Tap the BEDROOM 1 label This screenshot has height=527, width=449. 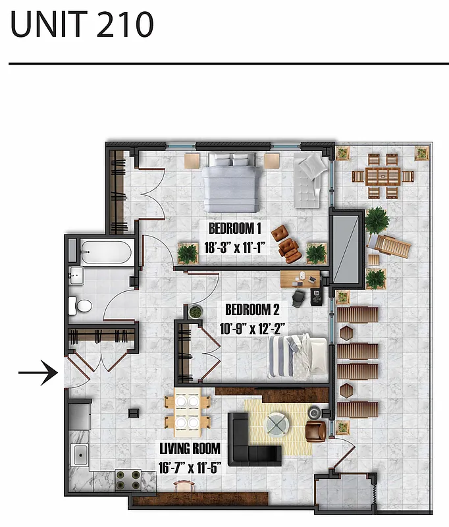235,229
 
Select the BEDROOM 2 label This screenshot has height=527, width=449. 253,309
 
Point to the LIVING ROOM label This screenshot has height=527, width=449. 190,449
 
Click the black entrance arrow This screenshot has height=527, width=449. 39,374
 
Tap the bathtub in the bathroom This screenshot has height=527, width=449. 106,252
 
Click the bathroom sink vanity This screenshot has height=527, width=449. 76,275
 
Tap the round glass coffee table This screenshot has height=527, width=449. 276,425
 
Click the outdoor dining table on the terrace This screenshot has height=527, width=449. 383,176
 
